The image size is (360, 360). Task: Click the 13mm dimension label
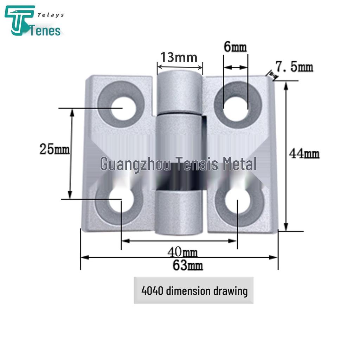tap(179, 57)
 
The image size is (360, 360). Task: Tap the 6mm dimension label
tap(235, 47)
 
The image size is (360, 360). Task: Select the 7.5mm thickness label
tap(294, 66)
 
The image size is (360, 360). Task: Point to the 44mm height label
tap(304, 154)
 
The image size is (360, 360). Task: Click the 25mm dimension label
tap(54, 149)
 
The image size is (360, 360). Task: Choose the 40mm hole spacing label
tap(182, 252)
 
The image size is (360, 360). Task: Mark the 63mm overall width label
tap(187, 266)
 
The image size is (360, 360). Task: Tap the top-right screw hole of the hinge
tap(236, 105)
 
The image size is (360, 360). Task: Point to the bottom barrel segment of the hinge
tap(179, 213)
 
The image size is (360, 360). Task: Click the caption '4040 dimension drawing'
tap(194, 291)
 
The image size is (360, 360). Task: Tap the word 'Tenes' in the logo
tap(46, 31)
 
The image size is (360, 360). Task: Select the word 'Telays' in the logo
tap(51, 15)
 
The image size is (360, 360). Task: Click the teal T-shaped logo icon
tap(19, 20)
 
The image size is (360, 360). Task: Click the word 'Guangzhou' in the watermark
tap(135, 164)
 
